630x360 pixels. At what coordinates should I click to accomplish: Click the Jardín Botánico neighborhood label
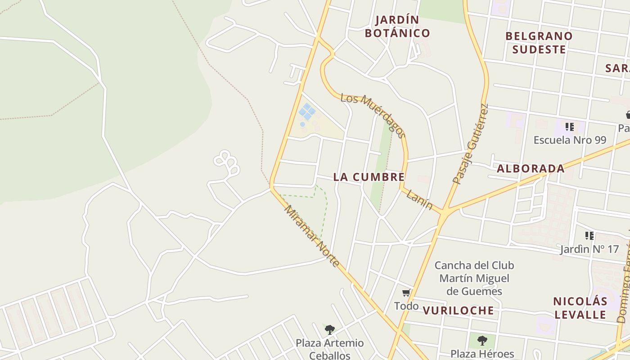[x=397, y=27]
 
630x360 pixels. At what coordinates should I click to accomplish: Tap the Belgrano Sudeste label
[x=539, y=43]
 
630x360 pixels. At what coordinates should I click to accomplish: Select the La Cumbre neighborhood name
[x=369, y=177]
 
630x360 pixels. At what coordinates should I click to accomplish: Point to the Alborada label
[x=531, y=169]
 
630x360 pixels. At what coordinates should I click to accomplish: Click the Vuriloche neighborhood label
[x=458, y=310]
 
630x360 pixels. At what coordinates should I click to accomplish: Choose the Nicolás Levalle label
[x=580, y=308]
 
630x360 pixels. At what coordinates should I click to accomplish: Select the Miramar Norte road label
[x=311, y=236]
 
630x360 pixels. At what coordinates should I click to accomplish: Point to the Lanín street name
[x=419, y=200]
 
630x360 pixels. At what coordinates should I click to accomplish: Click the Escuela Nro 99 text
[x=570, y=140]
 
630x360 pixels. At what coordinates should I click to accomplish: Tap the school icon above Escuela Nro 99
[x=570, y=127]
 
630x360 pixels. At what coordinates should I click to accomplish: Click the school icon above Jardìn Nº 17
[x=589, y=235]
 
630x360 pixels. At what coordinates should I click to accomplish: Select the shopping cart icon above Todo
[x=406, y=293]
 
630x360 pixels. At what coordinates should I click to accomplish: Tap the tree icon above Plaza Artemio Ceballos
[x=330, y=330]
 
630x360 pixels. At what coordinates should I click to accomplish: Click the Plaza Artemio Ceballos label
[x=329, y=349]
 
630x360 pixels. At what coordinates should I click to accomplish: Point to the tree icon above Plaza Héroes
[x=482, y=340]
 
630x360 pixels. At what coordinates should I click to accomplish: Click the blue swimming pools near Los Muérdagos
[x=307, y=112]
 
